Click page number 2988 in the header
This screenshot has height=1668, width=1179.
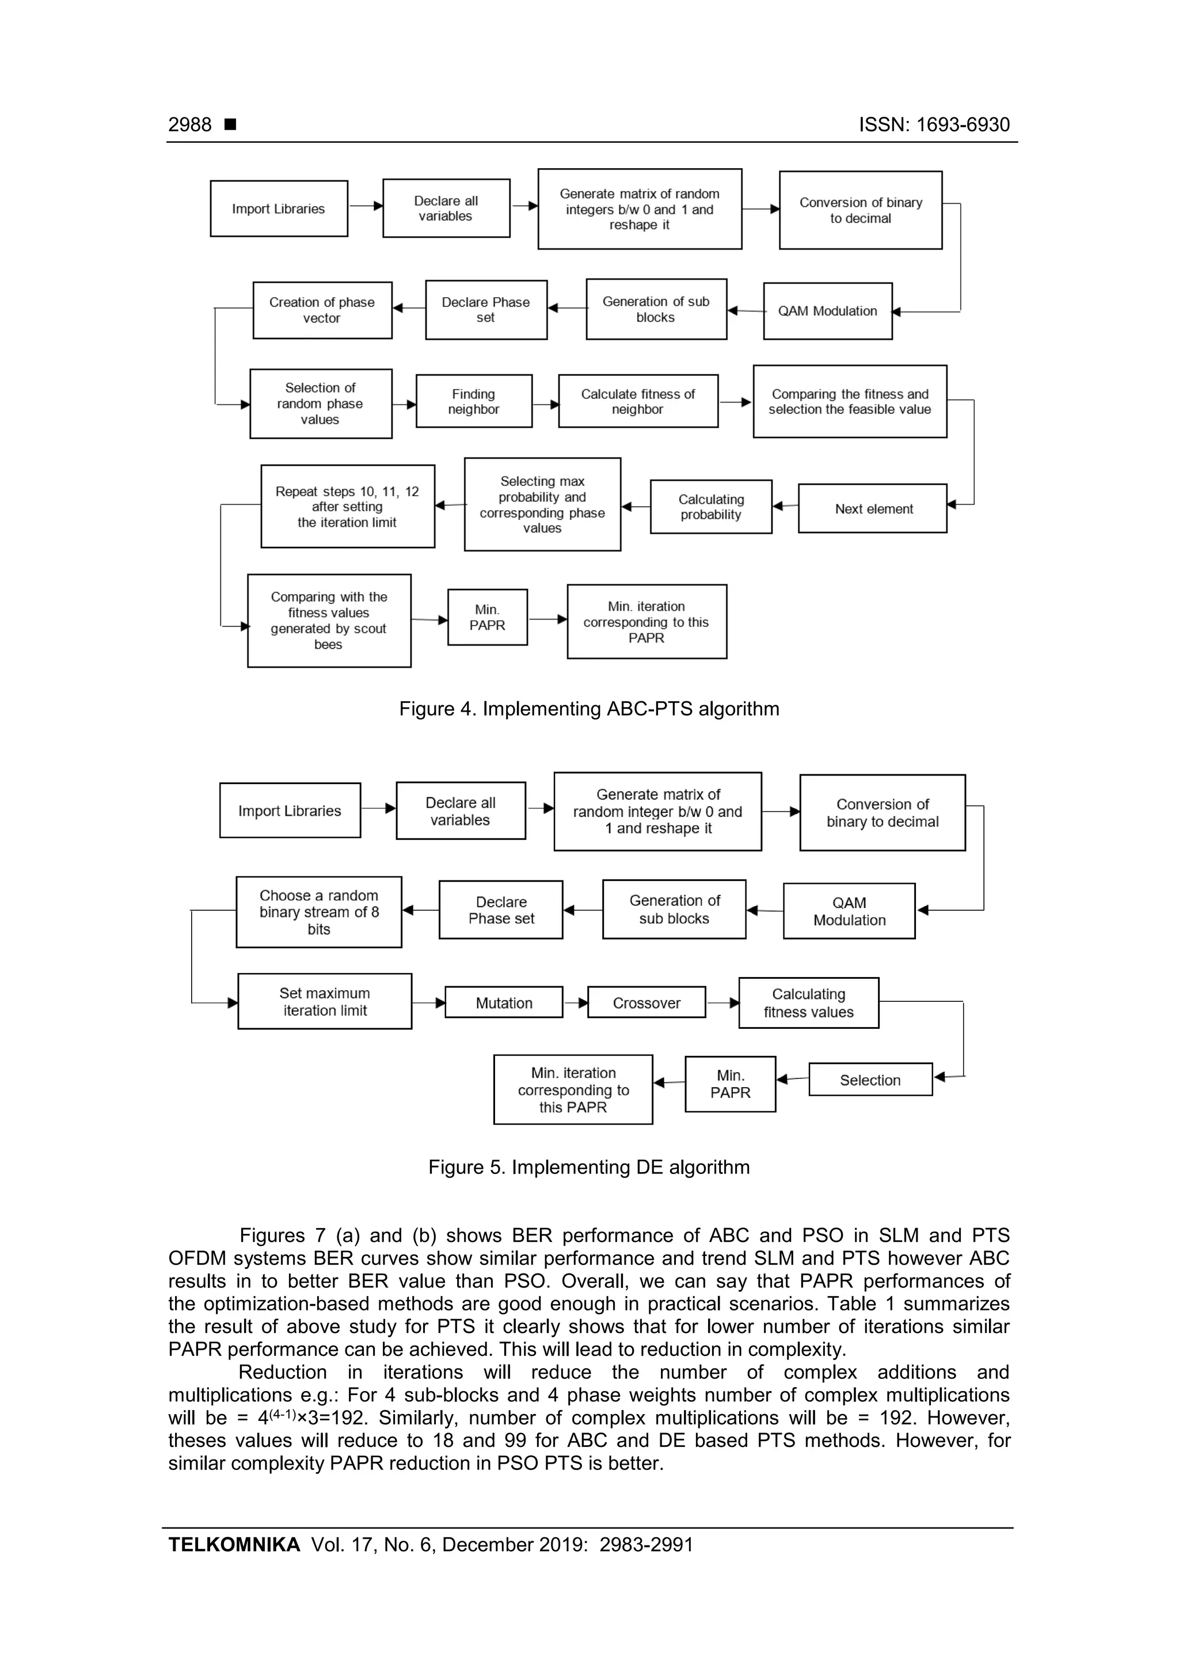click(x=189, y=125)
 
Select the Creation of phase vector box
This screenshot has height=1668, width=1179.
click(x=322, y=310)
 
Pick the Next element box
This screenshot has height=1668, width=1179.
click(x=872, y=508)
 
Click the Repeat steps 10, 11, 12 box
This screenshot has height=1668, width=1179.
click(x=347, y=506)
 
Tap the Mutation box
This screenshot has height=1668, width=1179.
click(x=503, y=1002)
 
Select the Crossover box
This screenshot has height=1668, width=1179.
click(x=646, y=1002)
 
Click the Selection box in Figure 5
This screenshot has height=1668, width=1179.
click(x=869, y=1080)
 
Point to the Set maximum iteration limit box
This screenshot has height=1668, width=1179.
click(x=324, y=1001)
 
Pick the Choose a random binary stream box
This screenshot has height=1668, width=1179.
click(x=318, y=912)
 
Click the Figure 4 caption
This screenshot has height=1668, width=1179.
click(x=588, y=708)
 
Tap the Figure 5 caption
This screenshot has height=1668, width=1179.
click(x=588, y=1167)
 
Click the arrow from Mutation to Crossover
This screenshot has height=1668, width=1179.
click(x=575, y=1002)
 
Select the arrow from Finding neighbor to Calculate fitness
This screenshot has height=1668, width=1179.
click(x=545, y=405)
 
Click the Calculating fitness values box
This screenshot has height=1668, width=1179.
click(x=808, y=1002)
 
